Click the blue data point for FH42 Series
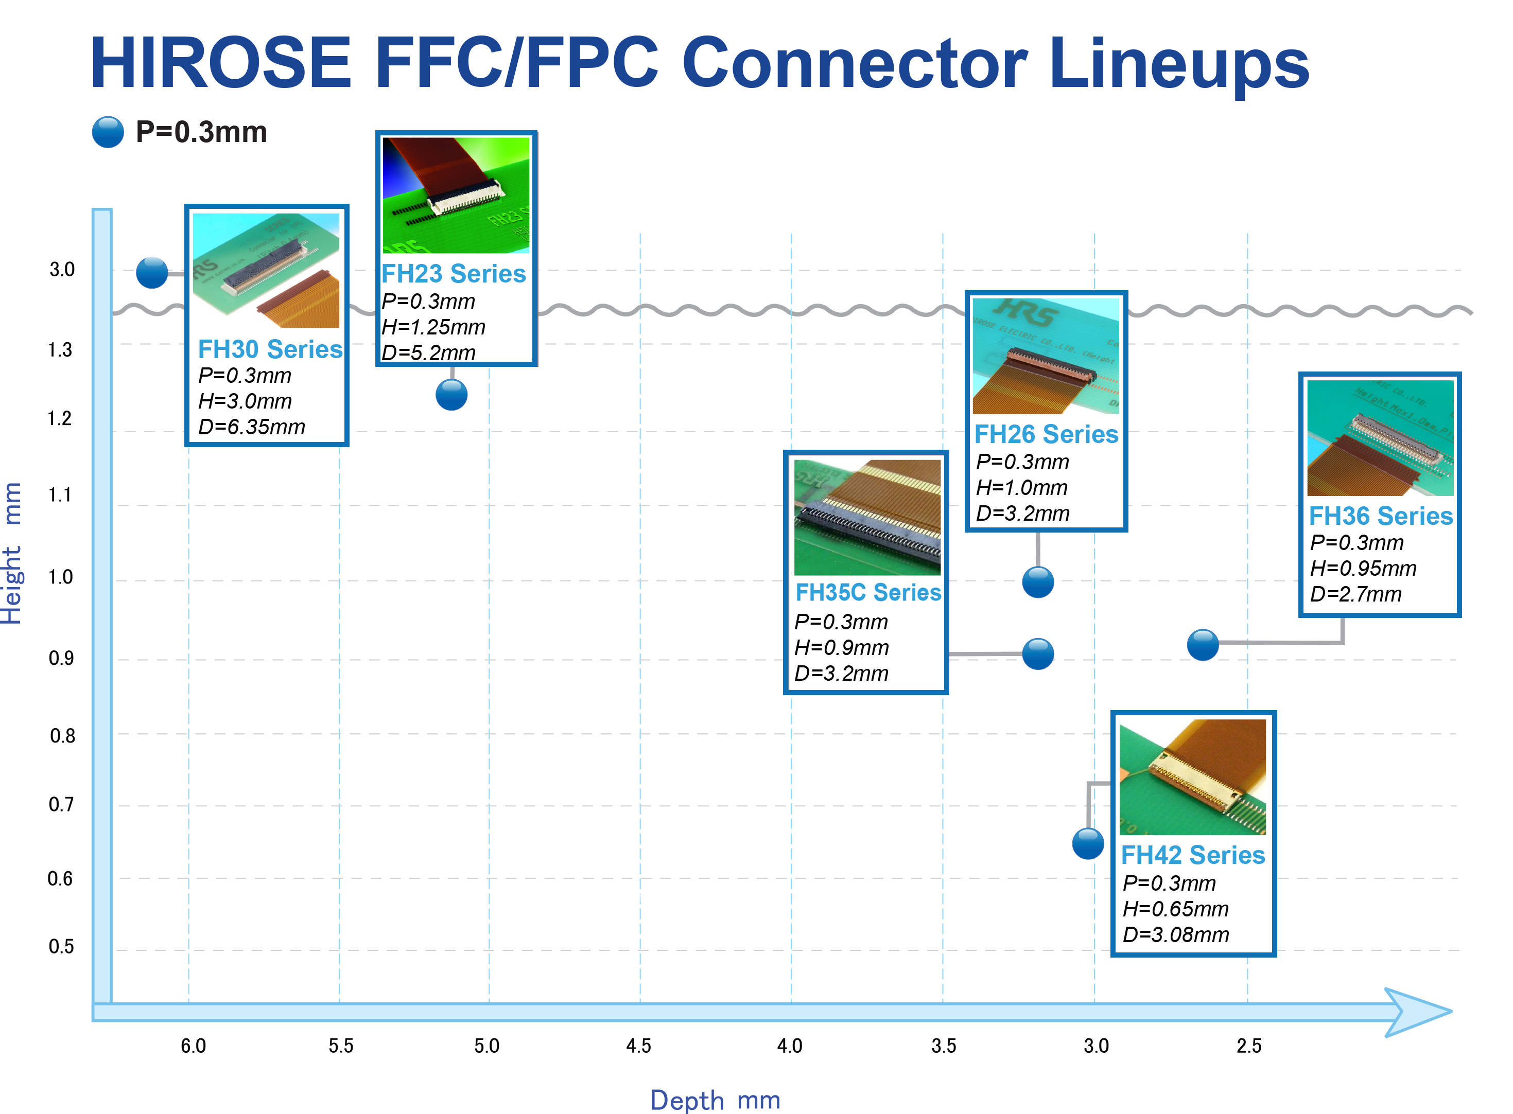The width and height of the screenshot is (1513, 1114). [x=1087, y=843]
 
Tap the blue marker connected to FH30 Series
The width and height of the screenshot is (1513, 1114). [x=152, y=272]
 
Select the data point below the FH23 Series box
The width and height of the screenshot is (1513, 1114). [x=451, y=395]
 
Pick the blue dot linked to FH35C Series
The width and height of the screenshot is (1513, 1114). [x=1037, y=653]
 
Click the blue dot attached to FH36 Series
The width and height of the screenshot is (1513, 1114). [x=1202, y=645]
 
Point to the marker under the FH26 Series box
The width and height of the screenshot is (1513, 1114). [x=1037, y=582]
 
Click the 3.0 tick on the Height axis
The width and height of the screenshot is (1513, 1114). [x=62, y=270]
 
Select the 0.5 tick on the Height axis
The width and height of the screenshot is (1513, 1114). [x=61, y=946]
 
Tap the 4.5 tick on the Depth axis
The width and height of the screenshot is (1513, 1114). [x=638, y=1046]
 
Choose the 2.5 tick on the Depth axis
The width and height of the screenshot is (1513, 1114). [x=1248, y=1046]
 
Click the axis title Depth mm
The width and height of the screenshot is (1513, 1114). [x=715, y=1100]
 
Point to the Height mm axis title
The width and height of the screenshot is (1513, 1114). [x=12, y=553]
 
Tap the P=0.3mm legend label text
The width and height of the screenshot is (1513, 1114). [x=201, y=132]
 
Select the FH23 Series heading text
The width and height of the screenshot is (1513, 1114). [x=454, y=273]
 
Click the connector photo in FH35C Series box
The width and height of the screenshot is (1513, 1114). [x=867, y=517]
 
